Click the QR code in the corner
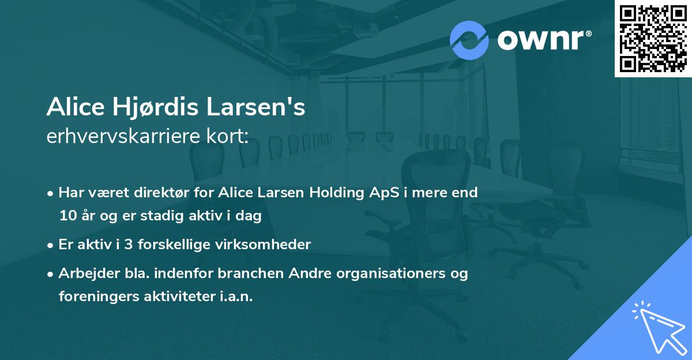(x=653, y=38)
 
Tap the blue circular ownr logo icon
(x=469, y=40)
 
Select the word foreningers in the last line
(x=95, y=297)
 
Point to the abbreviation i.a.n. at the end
(x=236, y=297)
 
